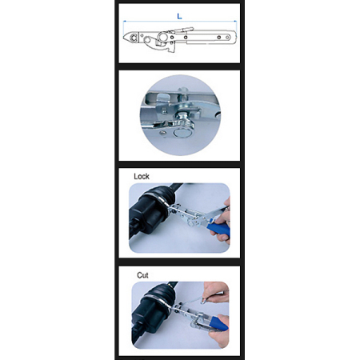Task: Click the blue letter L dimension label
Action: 179,16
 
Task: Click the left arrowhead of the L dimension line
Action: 125,21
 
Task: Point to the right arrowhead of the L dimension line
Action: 235,21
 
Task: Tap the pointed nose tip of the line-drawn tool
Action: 124,36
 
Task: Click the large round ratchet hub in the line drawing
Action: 162,36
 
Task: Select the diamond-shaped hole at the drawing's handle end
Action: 228,38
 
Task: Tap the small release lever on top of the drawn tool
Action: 184,30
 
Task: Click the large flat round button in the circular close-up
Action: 182,133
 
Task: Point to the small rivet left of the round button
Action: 162,132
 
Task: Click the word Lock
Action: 142,176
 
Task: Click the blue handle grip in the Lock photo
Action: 218,230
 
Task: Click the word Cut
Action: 142,275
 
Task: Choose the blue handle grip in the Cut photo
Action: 218,323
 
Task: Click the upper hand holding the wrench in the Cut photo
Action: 216,292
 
